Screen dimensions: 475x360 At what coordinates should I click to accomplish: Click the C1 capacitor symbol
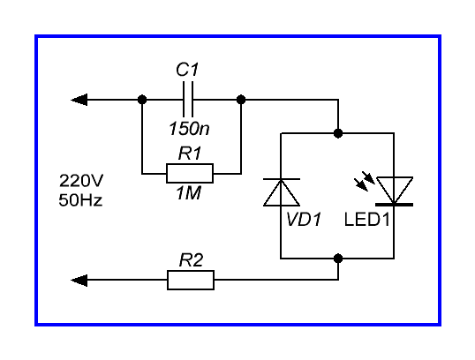[188, 100]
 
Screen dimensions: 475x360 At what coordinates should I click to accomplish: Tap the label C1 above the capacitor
[187, 70]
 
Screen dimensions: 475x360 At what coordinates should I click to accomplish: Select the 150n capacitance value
[189, 128]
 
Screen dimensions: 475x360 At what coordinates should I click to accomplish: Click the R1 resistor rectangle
[190, 174]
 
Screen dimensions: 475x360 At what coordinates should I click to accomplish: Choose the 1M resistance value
[188, 193]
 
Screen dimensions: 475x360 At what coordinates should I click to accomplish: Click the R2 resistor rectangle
[191, 280]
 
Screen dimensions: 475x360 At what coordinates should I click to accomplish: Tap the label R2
[192, 260]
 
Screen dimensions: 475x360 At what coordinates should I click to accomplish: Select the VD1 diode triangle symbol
[282, 192]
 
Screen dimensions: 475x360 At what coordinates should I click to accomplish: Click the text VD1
[304, 219]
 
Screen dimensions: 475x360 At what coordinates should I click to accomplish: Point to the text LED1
[367, 219]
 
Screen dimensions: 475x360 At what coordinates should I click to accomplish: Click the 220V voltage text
[81, 181]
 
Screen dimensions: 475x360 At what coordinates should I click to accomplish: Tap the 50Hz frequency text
[80, 200]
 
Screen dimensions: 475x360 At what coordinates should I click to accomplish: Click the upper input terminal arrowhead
[79, 100]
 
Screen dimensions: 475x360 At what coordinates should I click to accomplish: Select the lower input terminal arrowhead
[79, 281]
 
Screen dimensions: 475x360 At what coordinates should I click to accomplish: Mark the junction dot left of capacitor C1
[142, 100]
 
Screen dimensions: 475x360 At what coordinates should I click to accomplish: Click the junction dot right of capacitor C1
[241, 100]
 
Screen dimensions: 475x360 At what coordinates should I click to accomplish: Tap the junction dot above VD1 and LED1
[338, 133]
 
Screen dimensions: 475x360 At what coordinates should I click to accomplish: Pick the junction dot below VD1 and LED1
[338, 259]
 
